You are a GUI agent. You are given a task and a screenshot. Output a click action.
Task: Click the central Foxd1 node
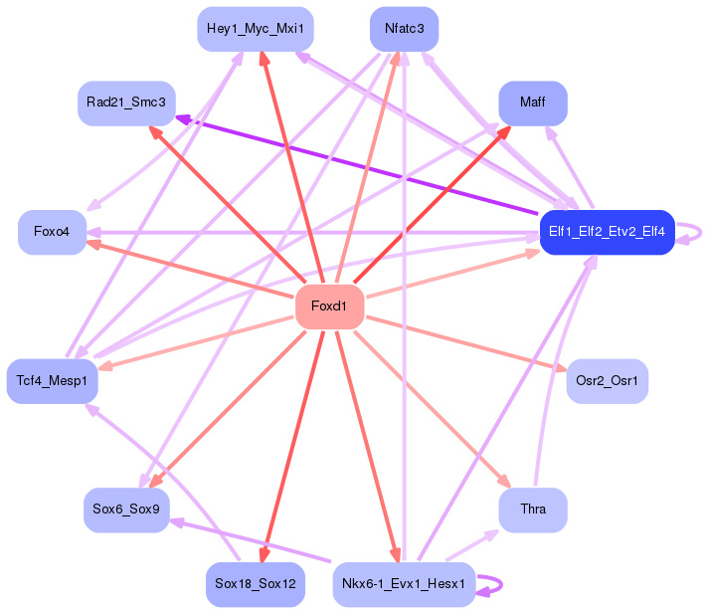pyautogui.click(x=329, y=307)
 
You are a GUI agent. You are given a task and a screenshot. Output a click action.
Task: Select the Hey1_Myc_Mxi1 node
pyautogui.click(x=256, y=29)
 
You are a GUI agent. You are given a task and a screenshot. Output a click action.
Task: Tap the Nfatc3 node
pyautogui.click(x=405, y=29)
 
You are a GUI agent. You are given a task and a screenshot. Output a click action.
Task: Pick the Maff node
pyautogui.click(x=533, y=103)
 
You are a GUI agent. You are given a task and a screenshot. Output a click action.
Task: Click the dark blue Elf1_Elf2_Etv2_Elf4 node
pyautogui.click(x=607, y=232)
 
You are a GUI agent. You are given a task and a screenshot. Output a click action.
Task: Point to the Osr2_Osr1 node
pyautogui.click(x=607, y=381)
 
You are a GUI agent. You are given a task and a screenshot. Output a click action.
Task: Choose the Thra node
pyautogui.click(x=533, y=510)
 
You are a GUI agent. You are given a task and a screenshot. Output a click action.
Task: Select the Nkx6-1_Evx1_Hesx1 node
pyautogui.click(x=404, y=584)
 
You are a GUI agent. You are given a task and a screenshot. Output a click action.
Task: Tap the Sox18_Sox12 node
pyautogui.click(x=256, y=584)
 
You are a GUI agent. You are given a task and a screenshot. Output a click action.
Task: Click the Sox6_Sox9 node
pyautogui.click(x=126, y=510)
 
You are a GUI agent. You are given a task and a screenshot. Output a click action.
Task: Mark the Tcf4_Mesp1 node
pyautogui.click(x=53, y=381)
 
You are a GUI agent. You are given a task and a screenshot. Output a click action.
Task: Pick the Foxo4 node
pyautogui.click(x=53, y=232)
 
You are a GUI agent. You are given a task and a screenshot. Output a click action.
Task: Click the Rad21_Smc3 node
pyautogui.click(x=126, y=103)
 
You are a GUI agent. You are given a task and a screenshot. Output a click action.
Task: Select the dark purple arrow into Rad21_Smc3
pyautogui.click(x=357, y=165)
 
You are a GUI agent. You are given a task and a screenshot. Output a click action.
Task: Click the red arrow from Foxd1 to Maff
pyautogui.click(x=432, y=205)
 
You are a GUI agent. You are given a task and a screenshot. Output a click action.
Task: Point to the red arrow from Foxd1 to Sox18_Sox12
pyautogui.click(x=292, y=446)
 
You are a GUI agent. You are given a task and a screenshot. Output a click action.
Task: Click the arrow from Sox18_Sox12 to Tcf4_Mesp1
pyautogui.click(x=162, y=483)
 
